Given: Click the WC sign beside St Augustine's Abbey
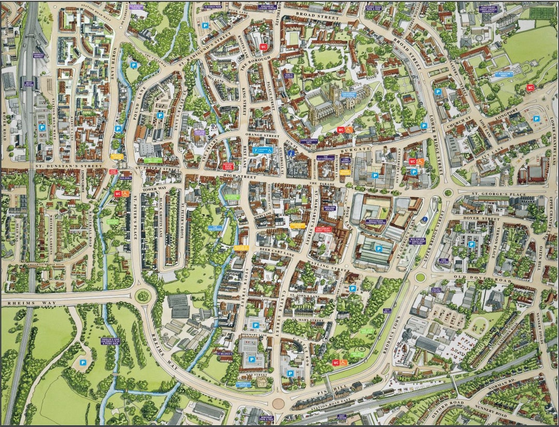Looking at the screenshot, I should pos(530,87).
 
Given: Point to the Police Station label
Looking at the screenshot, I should pos(436,290).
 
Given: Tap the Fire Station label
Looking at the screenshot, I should pos(443,260).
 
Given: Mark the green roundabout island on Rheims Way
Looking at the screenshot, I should pos(143,297).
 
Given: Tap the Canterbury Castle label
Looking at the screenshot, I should pos(243,385).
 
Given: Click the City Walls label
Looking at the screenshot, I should pos(387,311).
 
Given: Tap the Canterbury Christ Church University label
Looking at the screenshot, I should pos(489,9).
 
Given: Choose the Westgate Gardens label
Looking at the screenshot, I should pos(113,222).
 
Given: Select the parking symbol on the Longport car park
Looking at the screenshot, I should pos(536,119).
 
